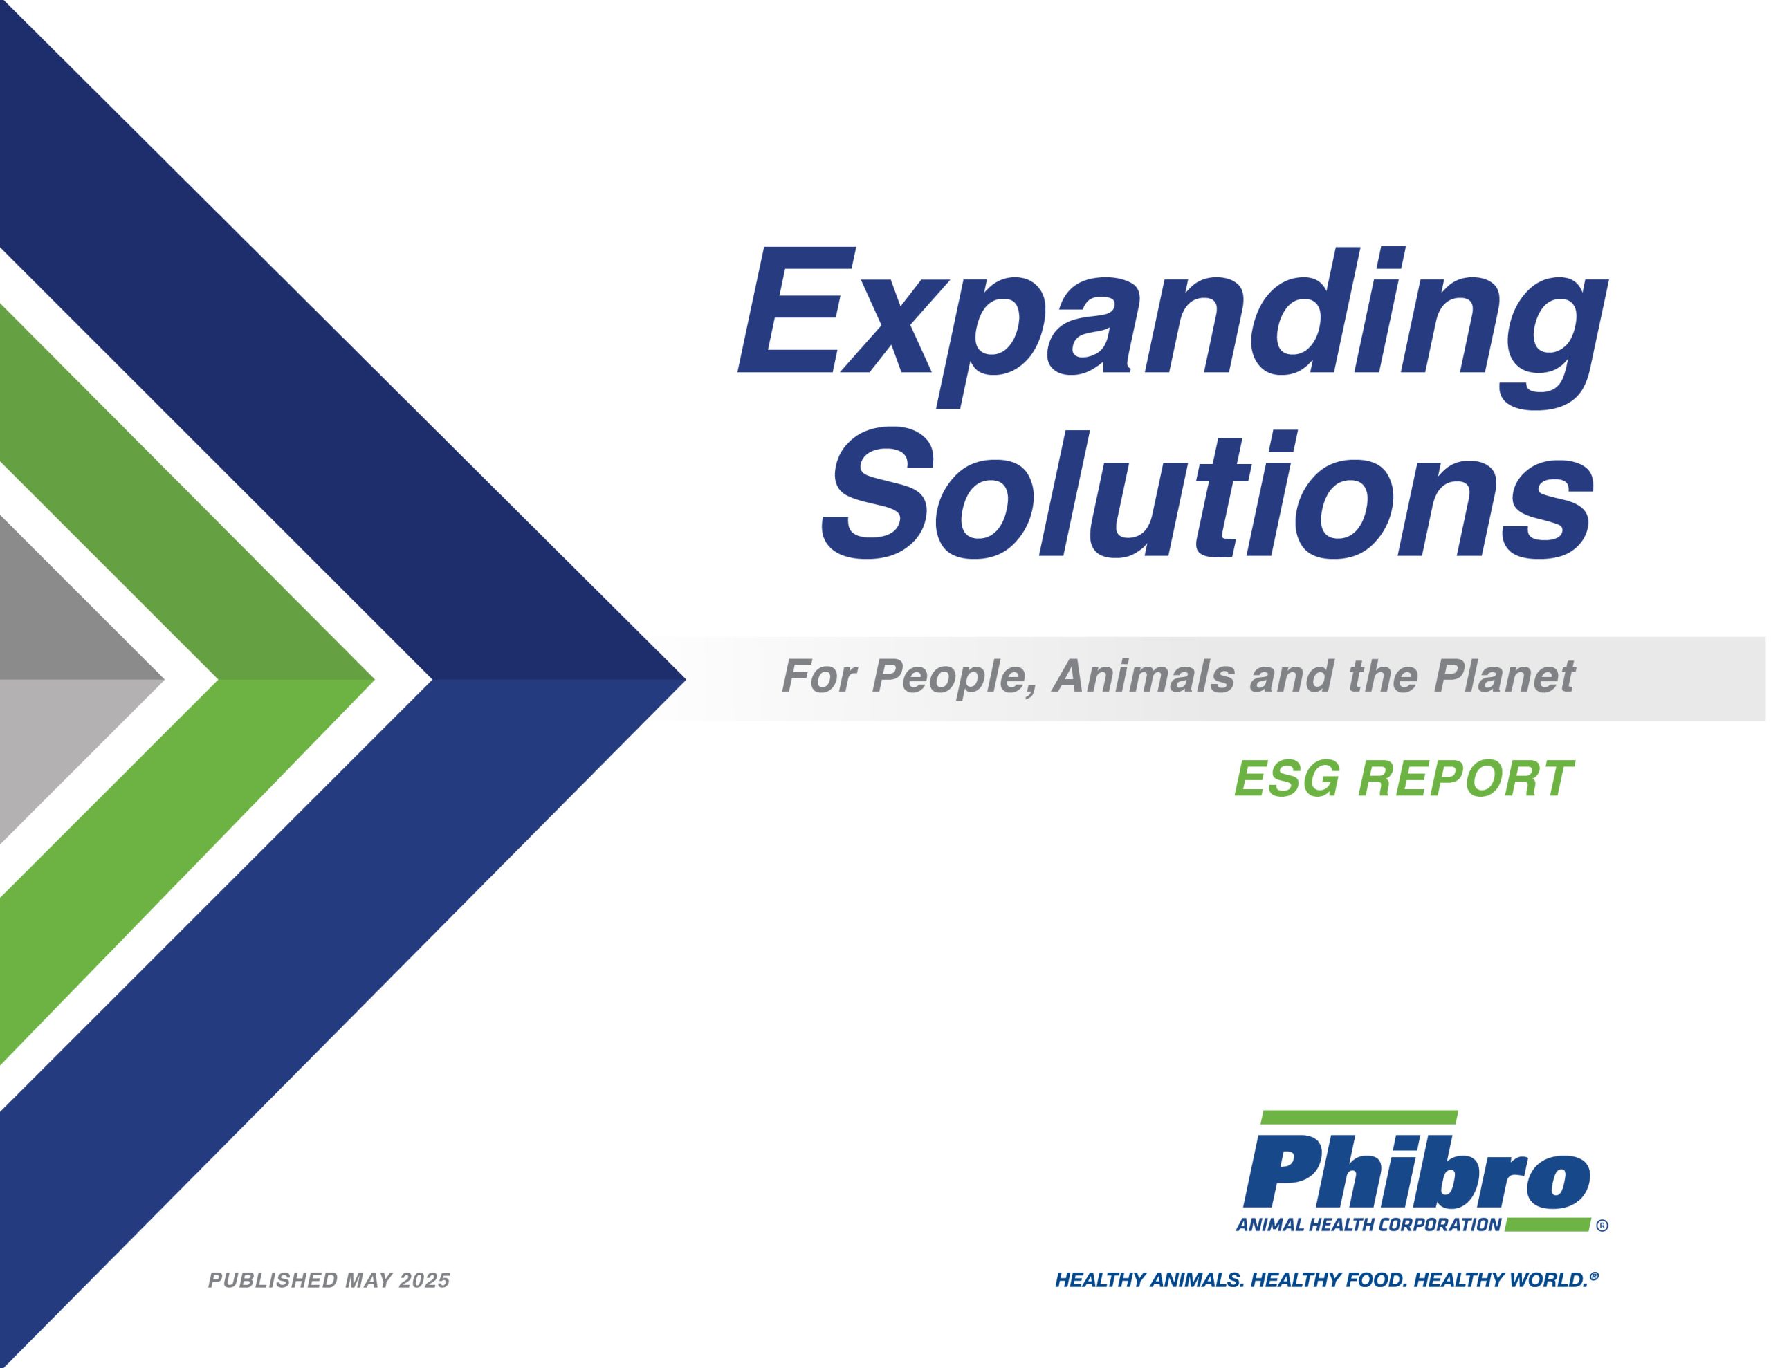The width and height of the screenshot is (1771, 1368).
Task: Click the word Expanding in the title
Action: [x=1173, y=327]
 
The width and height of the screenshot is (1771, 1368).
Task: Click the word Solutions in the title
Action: [x=1209, y=494]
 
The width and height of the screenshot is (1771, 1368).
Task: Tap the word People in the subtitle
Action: [x=953, y=677]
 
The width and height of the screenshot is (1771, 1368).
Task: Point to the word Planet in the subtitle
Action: [x=1504, y=676]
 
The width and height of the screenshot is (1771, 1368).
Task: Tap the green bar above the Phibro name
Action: [x=1359, y=1118]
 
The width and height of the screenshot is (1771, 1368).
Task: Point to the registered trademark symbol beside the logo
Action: [x=1602, y=1226]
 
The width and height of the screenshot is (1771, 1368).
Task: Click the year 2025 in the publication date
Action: [x=424, y=1280]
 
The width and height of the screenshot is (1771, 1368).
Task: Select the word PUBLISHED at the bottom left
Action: [x=273, y=1280]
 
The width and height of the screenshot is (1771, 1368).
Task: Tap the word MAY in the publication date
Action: [x=368, y=1280]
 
